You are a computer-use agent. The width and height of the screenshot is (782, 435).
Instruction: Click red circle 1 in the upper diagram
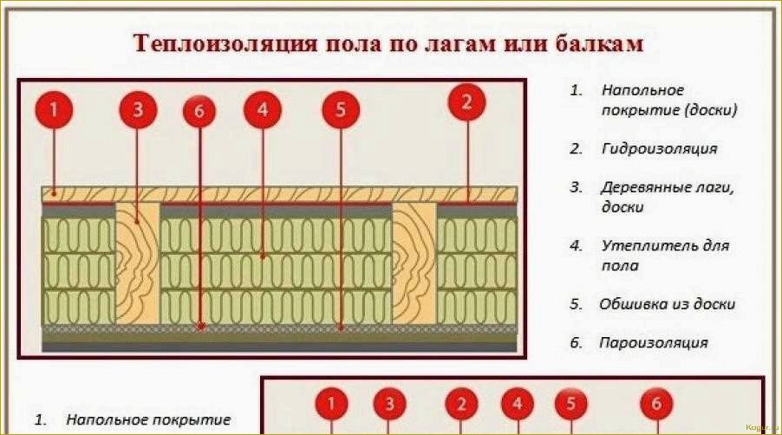tap(54, 110)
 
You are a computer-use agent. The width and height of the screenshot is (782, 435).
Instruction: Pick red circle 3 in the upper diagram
tap(138, 110)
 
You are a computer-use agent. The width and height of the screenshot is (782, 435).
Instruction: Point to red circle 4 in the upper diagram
tap(263, 110)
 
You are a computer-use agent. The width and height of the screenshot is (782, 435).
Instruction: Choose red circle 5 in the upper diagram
tap(340, 110)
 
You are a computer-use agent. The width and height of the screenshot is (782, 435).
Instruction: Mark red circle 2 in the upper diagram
tap(467, 102)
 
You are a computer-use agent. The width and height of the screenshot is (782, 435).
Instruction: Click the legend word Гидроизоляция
tap(659, 148)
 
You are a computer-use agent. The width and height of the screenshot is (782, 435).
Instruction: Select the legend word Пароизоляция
tap(653, 342)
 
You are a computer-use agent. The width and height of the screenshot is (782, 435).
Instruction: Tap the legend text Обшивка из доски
tap(667, 304)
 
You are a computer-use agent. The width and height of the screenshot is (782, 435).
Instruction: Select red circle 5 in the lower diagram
tap(570, 404)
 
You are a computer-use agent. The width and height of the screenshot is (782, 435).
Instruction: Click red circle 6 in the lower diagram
tap(656, 404)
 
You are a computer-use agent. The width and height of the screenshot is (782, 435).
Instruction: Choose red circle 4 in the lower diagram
tap(518, 404)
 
